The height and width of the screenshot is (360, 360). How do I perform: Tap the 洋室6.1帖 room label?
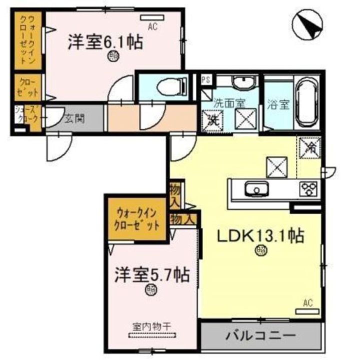pyautogui.click(x=105, y=42)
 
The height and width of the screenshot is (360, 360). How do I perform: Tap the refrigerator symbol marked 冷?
pyautogui.click(x=308, y=146)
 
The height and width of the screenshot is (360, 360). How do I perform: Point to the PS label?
pyautogui.click(x=205, y=80)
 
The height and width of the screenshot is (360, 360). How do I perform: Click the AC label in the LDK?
pyautogui.click(x=307, y=302)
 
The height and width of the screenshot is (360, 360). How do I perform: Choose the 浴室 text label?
pyautogui.click(x=277, y=106)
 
